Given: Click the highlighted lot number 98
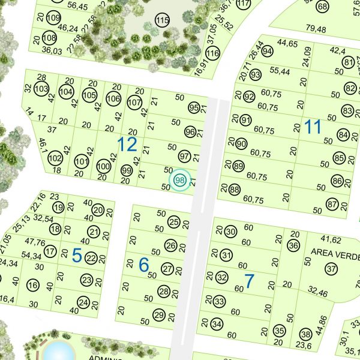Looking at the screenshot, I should coord(179,180).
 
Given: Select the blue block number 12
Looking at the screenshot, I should coord(127,144).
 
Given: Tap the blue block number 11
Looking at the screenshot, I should coord(312,127).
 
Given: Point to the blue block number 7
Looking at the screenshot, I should coord(250,280).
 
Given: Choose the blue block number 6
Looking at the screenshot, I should coord(143,265).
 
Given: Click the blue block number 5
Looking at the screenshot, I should coord(77,255).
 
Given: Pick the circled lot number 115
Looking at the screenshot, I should coord(162,22).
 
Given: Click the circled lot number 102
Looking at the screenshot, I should coord(55,158).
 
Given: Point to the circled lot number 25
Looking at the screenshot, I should coord(174,223).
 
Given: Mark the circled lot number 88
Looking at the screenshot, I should coord(234,190).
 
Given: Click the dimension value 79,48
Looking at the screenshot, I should coord(316,29).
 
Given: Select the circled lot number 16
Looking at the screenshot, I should coord(33,285).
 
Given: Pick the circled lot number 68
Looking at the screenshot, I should coord(323,7).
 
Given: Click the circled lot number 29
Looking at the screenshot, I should coord(159,315).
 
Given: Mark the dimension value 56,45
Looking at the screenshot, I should coord(77,7).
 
